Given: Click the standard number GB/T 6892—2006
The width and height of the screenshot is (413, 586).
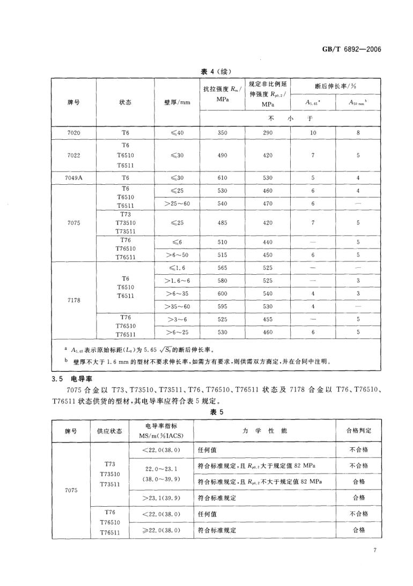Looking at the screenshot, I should coord(351,49).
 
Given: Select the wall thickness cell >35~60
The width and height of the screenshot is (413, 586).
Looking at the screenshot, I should coord(177,306).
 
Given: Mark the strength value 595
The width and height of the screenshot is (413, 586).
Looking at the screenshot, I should coord(222,306).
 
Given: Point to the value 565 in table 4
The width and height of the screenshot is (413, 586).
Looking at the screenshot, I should coord(222,267).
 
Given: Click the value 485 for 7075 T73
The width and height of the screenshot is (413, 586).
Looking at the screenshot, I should coord(222,222).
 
